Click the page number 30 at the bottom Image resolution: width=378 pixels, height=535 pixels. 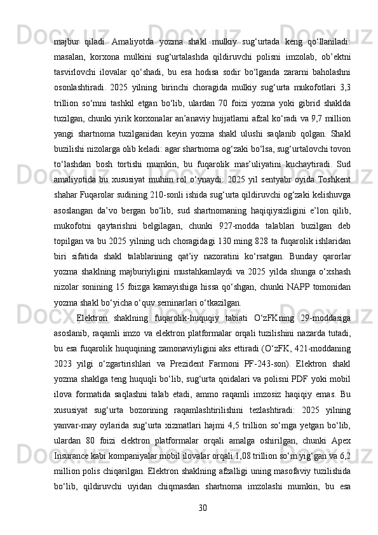(x=202, y=507)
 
